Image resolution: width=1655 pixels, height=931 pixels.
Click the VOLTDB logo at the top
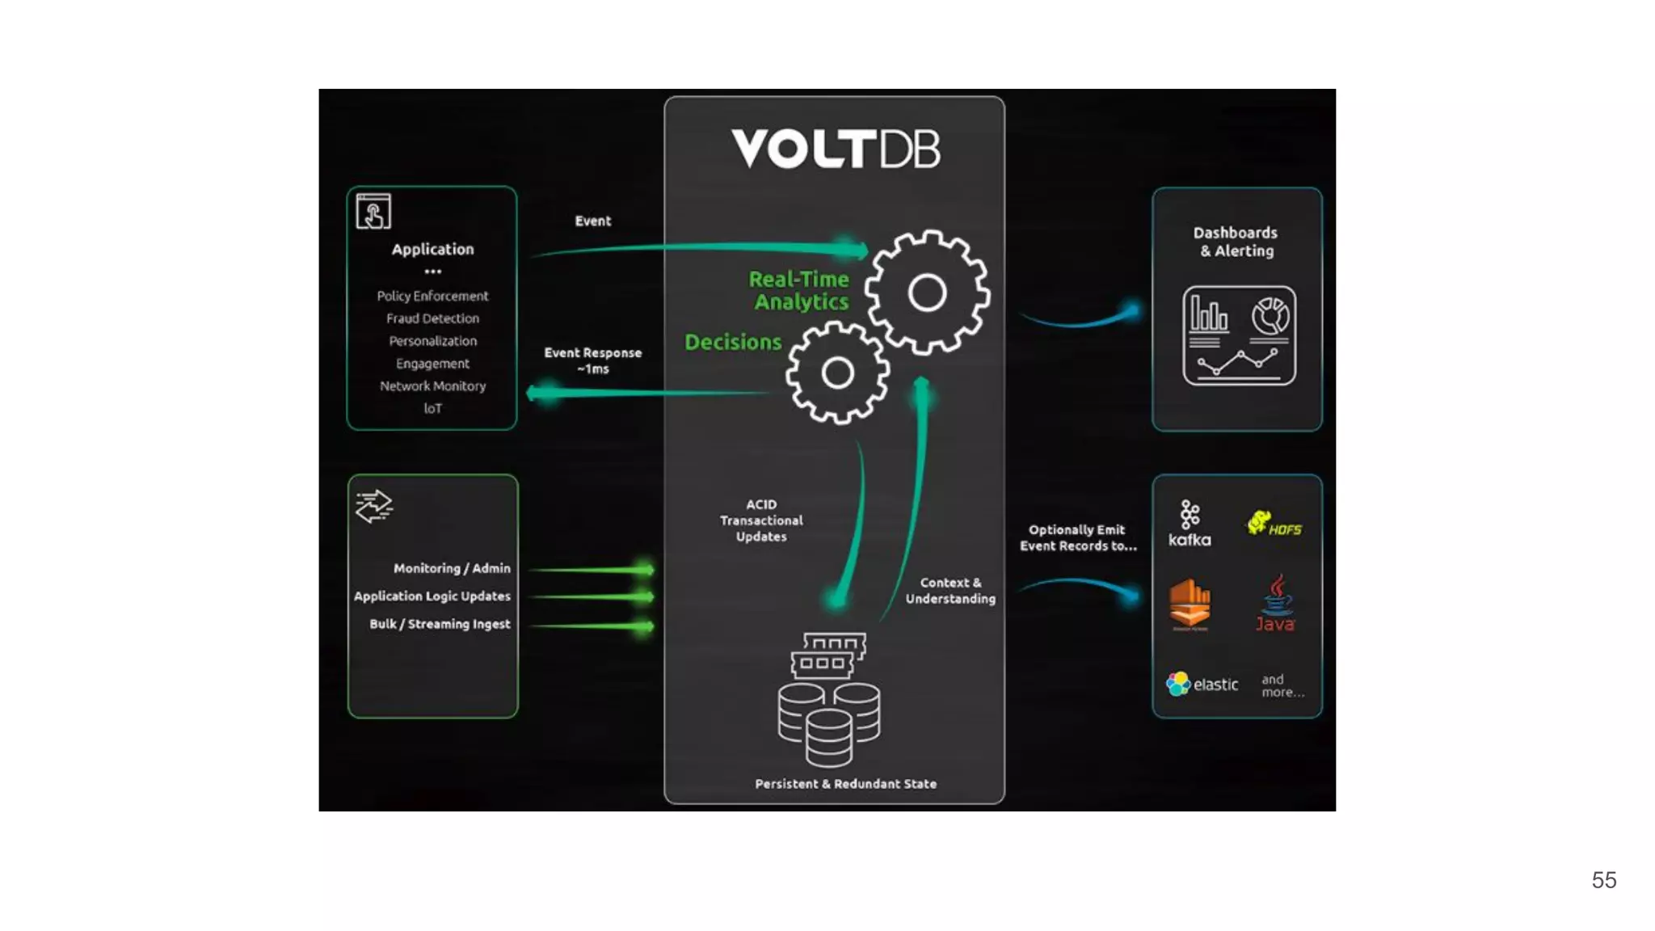[x=836, y=149]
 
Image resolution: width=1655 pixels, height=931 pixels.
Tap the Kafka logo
[x=1190, y=523]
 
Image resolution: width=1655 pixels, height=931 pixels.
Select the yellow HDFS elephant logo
[x=1274, y=524]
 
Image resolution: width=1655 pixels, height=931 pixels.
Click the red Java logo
[x=1275, y=603]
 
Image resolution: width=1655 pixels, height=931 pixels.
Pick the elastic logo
[x=1202, y=684]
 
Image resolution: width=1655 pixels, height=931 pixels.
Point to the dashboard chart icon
[x=1239, y=335]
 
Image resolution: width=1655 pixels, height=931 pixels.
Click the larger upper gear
[x=927, y=293]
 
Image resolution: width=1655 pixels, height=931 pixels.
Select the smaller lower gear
[x=837, y=373]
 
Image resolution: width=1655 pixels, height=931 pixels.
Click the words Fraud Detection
[x=432, y=318]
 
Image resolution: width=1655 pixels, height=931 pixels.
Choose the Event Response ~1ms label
[x=592, y=360]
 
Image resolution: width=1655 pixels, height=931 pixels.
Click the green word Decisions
[x=733, y=342]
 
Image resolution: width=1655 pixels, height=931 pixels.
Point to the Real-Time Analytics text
[x=799, y=290]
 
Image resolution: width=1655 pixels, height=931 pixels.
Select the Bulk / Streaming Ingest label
[x=440, y=624]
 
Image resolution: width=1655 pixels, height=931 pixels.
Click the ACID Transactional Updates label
[x=761, y=520]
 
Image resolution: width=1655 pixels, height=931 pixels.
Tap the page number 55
[x=1603, y=880]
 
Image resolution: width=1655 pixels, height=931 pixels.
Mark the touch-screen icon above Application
[x=373, y=212]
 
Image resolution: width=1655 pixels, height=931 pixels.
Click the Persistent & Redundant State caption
[x=845, y=784]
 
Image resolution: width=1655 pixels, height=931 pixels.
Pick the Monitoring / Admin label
[x=452, y=568]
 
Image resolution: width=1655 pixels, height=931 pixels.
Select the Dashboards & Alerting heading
[x=1236, y=242]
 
